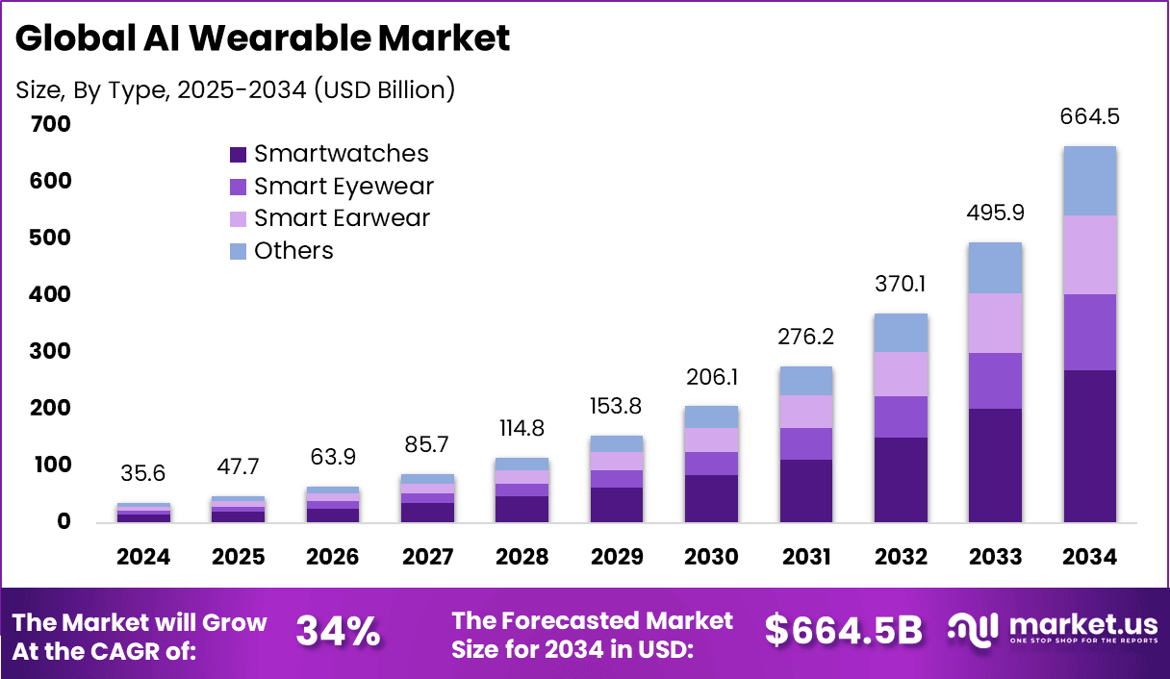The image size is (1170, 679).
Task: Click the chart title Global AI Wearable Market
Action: (x=262, y=38)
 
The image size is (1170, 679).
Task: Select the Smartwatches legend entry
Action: (x=330, y=154)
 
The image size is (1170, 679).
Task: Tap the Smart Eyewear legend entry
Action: (x=332, y=187)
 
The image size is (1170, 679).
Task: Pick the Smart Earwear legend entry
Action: (x=330, y=218)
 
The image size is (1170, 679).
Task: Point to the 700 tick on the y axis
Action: (x=50, y=124)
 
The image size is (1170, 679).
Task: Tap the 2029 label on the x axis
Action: (x=616, y=558)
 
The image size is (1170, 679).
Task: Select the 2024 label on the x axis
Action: (x=143, y=558)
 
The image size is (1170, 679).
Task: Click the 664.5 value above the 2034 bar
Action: (x=1089, y=117)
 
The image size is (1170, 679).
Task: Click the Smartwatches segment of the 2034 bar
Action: (x=1089, y=446)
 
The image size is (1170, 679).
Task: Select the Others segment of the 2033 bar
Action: (x=995, y=268)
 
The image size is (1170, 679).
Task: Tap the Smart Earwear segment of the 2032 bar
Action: (x=901, y=374)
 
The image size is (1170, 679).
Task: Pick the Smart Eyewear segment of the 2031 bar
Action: (x=806, y=443)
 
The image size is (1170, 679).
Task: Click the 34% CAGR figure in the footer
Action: (x=338, y=632)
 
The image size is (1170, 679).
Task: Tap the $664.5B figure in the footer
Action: (x=843, y=631)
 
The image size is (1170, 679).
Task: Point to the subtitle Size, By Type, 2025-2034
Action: (x=236, y=90)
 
